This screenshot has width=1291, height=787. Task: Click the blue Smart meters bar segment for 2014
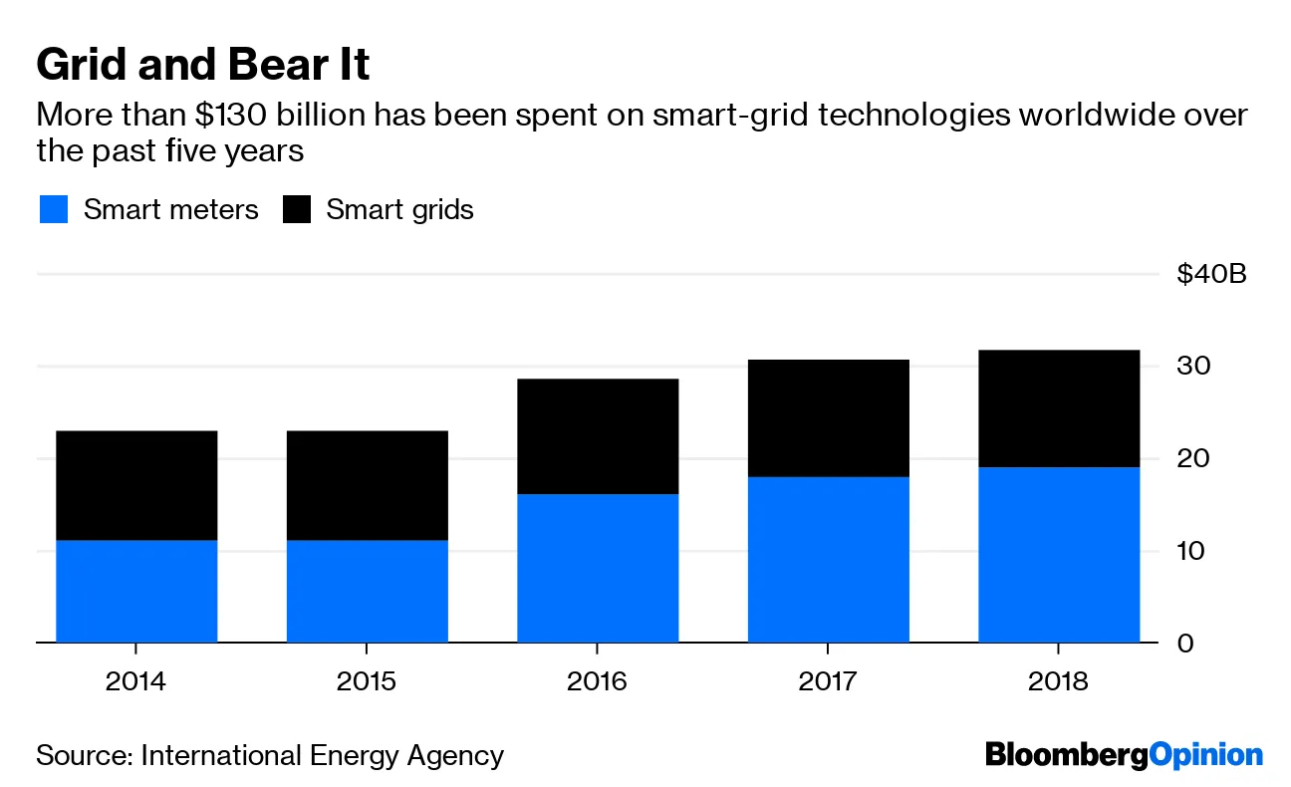[x=136, y=592]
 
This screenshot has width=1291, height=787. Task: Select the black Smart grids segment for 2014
[x=136, y=485]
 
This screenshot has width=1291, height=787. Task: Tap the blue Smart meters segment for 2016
[x=598, y=568]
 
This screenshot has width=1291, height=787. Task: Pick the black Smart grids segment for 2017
[x=828, y=418]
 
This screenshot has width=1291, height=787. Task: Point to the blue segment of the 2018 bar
[x=1059, y=555]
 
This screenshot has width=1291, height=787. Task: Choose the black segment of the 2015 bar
[x=367, y=485]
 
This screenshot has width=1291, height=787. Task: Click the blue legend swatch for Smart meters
[x=54, y=210]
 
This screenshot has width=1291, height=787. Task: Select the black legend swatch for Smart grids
[x=298, y=210]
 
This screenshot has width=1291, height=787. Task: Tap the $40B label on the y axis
[x=1210, y=274]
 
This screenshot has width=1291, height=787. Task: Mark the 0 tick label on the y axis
[x=1184, y=644]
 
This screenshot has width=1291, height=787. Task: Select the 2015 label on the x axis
[x=367, y=682]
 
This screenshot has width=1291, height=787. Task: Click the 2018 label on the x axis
[x=1059, y=682]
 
